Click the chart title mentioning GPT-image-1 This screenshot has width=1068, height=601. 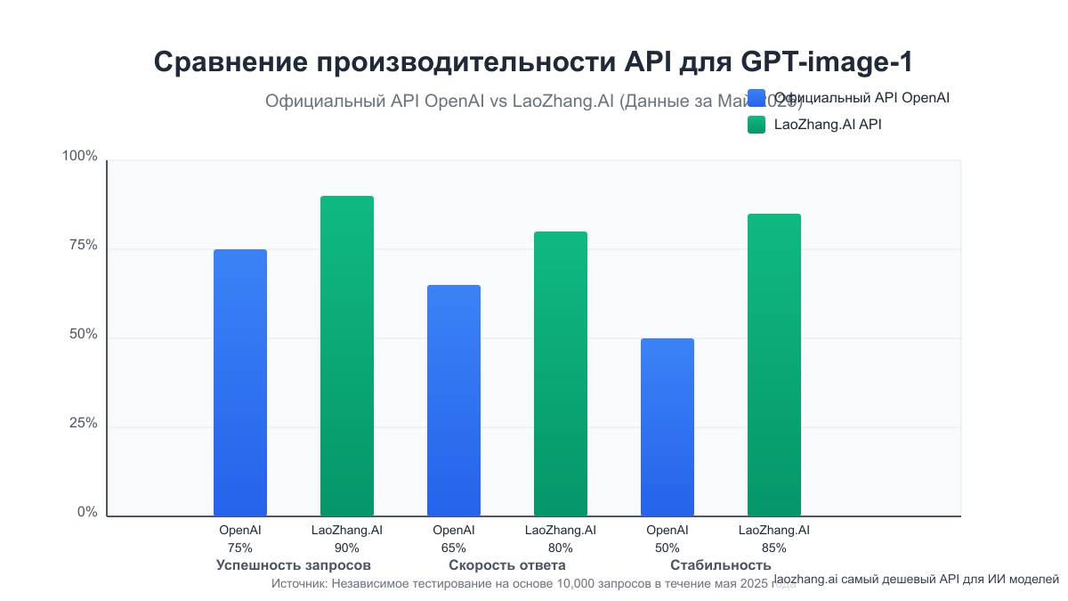pos(533,62)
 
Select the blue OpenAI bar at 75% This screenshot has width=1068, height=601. pos(240,383)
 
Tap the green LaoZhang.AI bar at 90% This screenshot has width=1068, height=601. pos(347,356)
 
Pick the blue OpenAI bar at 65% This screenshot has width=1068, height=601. pos(454,401)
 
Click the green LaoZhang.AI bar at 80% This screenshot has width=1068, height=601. pos(561,374)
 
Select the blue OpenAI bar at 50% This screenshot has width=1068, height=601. pos(667,427)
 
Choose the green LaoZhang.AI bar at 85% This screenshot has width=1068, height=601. pos(774,365)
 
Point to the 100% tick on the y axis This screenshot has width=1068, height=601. pos(79,157)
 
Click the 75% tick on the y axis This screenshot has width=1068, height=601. pos(83,246)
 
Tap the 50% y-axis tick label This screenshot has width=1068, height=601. pos(83,335)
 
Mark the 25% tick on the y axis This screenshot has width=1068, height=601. pos(83,424)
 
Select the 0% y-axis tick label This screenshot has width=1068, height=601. pos(86,513)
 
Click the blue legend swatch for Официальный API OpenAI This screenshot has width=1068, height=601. pos(756,98)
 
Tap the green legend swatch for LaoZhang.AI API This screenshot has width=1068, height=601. pos(756,125)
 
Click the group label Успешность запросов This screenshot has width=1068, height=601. pos(294,565)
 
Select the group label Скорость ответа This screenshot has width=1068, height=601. pos(507,565)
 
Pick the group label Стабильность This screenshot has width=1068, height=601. pos(721,565)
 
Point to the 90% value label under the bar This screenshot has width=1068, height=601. pos(347,548)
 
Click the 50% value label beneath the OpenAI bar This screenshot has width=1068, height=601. pos(667,548)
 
